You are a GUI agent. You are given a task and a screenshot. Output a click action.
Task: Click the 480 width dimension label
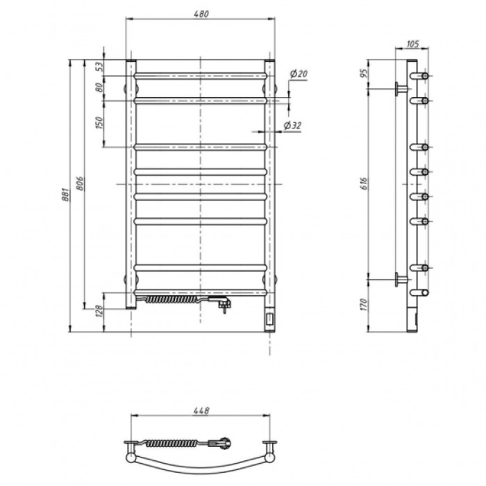point(201,14)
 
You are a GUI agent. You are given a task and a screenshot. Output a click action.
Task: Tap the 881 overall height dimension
point(66,194)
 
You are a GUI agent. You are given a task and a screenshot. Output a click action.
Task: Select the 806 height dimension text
point(81,183)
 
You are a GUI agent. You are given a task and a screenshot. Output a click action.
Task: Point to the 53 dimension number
point(99,67)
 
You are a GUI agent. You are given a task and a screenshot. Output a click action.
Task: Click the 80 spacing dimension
point(99,87)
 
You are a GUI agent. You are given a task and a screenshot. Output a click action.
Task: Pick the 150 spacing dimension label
point(99,123)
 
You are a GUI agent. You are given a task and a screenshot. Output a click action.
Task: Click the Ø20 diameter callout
point(299,74)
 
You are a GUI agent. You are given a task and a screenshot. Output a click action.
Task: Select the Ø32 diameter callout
point(292,126)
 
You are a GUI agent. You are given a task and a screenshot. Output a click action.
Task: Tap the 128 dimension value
point(99,310)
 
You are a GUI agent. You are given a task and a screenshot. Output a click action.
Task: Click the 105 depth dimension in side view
point(412,44)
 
